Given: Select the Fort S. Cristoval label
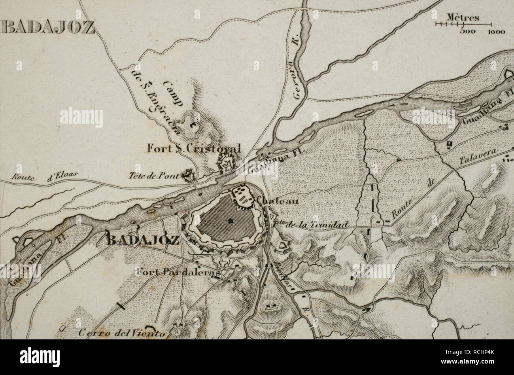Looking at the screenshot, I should (x=193, y=149).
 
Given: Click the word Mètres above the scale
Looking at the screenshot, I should (x=463, y=18).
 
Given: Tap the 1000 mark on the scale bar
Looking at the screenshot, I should (x=496, y=32).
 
